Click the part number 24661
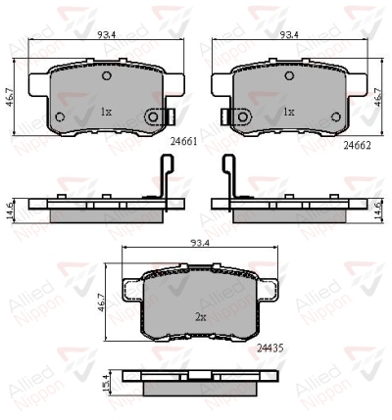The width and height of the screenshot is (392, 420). coord(184,142)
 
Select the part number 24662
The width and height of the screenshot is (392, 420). coord(357,146)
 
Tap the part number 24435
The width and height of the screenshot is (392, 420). coord(270,349)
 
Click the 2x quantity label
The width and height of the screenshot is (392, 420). coord(201,317)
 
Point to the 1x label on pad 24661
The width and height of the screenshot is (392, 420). coord(106,113)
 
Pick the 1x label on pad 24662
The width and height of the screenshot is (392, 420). coord(289,113)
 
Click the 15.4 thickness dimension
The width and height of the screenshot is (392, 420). coord(106,383)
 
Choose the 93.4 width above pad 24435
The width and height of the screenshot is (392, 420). coord(200,243)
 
